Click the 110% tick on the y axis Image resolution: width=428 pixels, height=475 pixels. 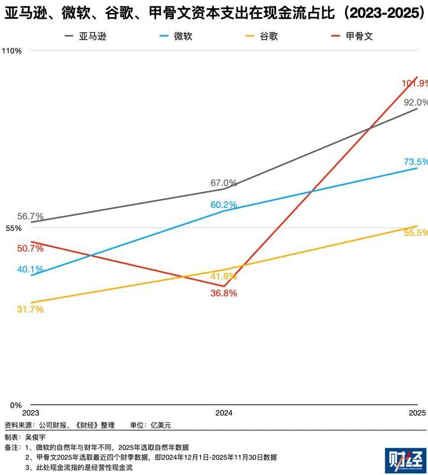tap(11, 51)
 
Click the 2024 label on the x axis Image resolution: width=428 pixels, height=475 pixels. tap(223, 413)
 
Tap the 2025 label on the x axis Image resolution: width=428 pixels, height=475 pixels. tap(417, 413)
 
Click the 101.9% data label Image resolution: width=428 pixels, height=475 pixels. tap(414, 84)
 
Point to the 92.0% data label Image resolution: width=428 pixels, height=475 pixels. tap(415, 102)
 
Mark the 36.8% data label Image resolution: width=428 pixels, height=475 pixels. tap(224, 293)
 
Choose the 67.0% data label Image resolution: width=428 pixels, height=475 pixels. tap(223, 183)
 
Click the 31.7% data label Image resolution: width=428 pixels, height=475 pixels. tap(30, 309)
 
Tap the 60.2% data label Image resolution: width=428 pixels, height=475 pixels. tap(223, 205)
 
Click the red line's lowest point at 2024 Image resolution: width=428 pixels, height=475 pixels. tap(225, 286)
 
